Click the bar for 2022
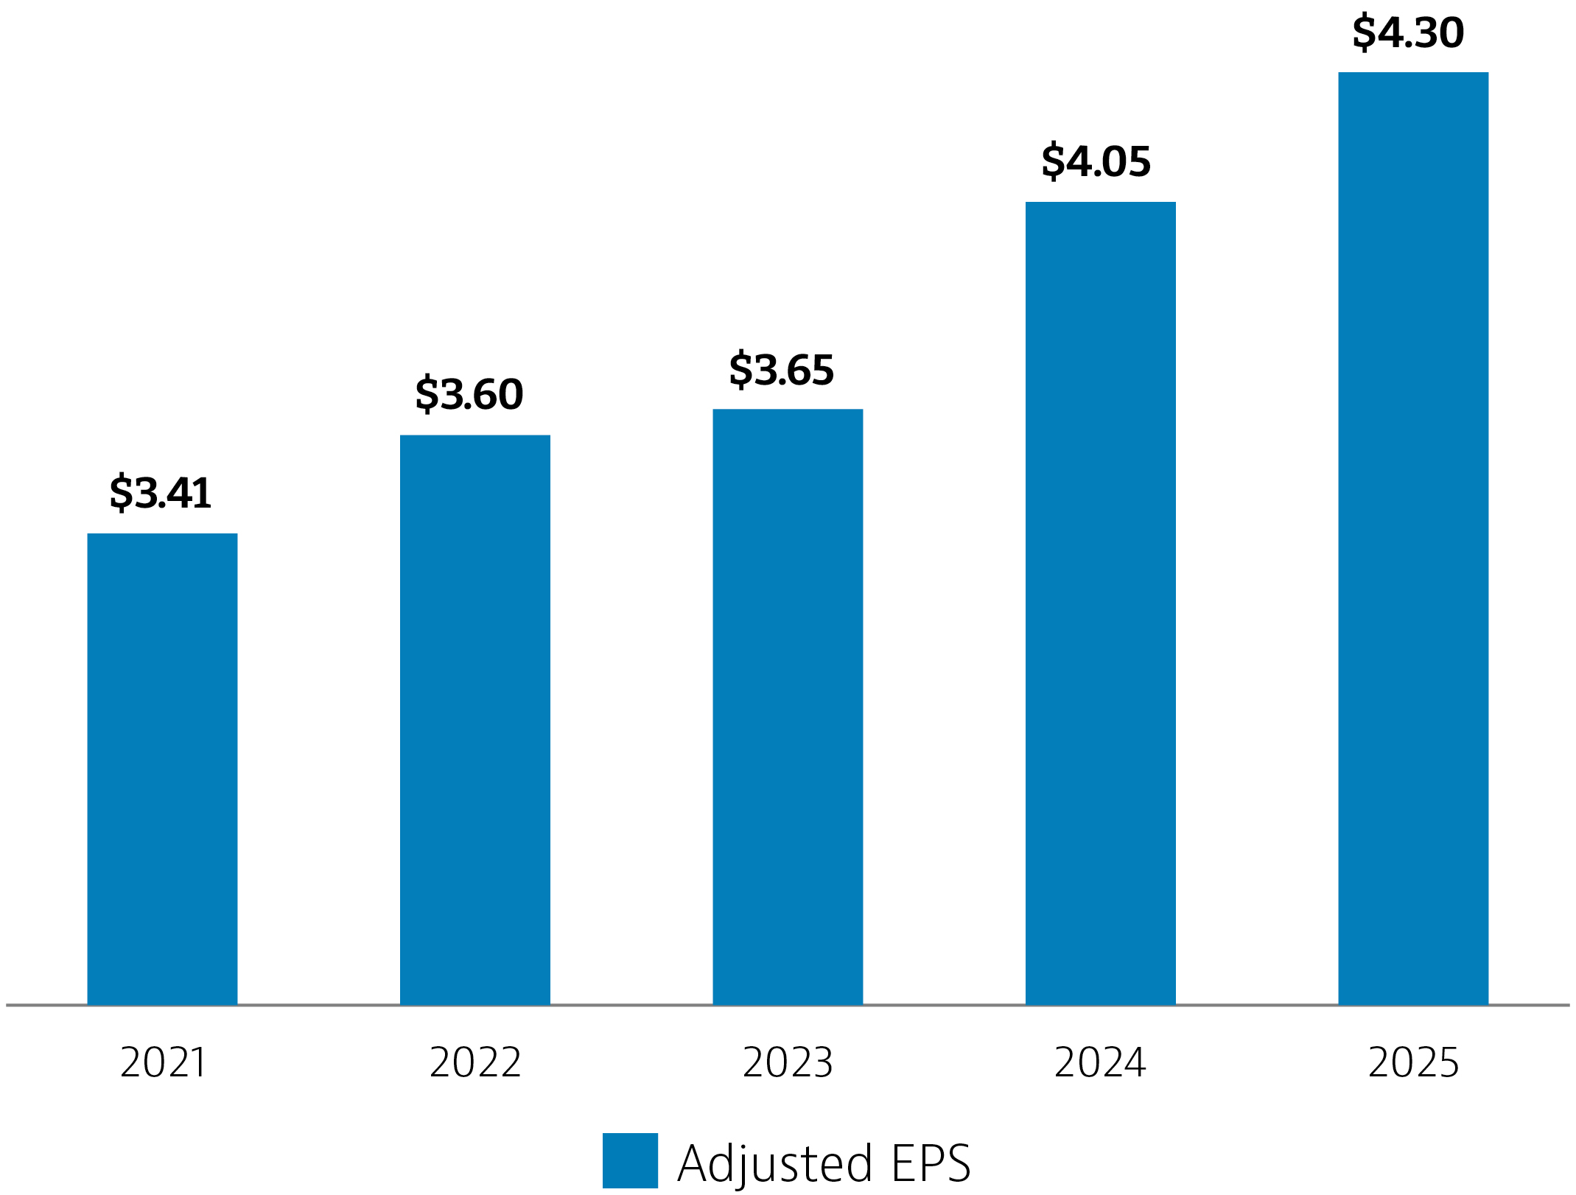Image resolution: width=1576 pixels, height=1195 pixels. click(474, 720)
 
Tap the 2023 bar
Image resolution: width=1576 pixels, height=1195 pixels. click(787, 707)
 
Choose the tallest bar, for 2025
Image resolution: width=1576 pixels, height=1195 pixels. click(1412, 538)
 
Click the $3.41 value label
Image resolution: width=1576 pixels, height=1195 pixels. click(161, 493)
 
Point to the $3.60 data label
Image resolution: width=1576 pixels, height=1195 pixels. click(469, 394)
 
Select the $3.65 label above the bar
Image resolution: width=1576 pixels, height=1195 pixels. click(782, 370)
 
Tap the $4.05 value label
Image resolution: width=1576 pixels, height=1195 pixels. click(1096, 161)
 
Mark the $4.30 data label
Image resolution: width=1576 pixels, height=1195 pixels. click(1408, 33)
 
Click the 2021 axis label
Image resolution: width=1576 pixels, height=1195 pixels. click(163, 1063)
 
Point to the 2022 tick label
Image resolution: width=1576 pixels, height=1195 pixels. click(475, 1063)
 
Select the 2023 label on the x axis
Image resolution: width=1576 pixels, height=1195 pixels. click(788, 1063)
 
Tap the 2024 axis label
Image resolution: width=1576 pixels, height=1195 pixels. click(1100, 1063)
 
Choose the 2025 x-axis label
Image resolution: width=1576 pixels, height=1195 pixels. click(1413, 1063)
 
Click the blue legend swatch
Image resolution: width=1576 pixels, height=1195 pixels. click(630, 1160)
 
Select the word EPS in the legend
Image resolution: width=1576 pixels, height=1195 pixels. click(931, 1163)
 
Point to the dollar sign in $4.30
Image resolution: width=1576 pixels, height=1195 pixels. click(1364, 33)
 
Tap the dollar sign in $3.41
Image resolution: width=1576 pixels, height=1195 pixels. click(121, 493)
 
